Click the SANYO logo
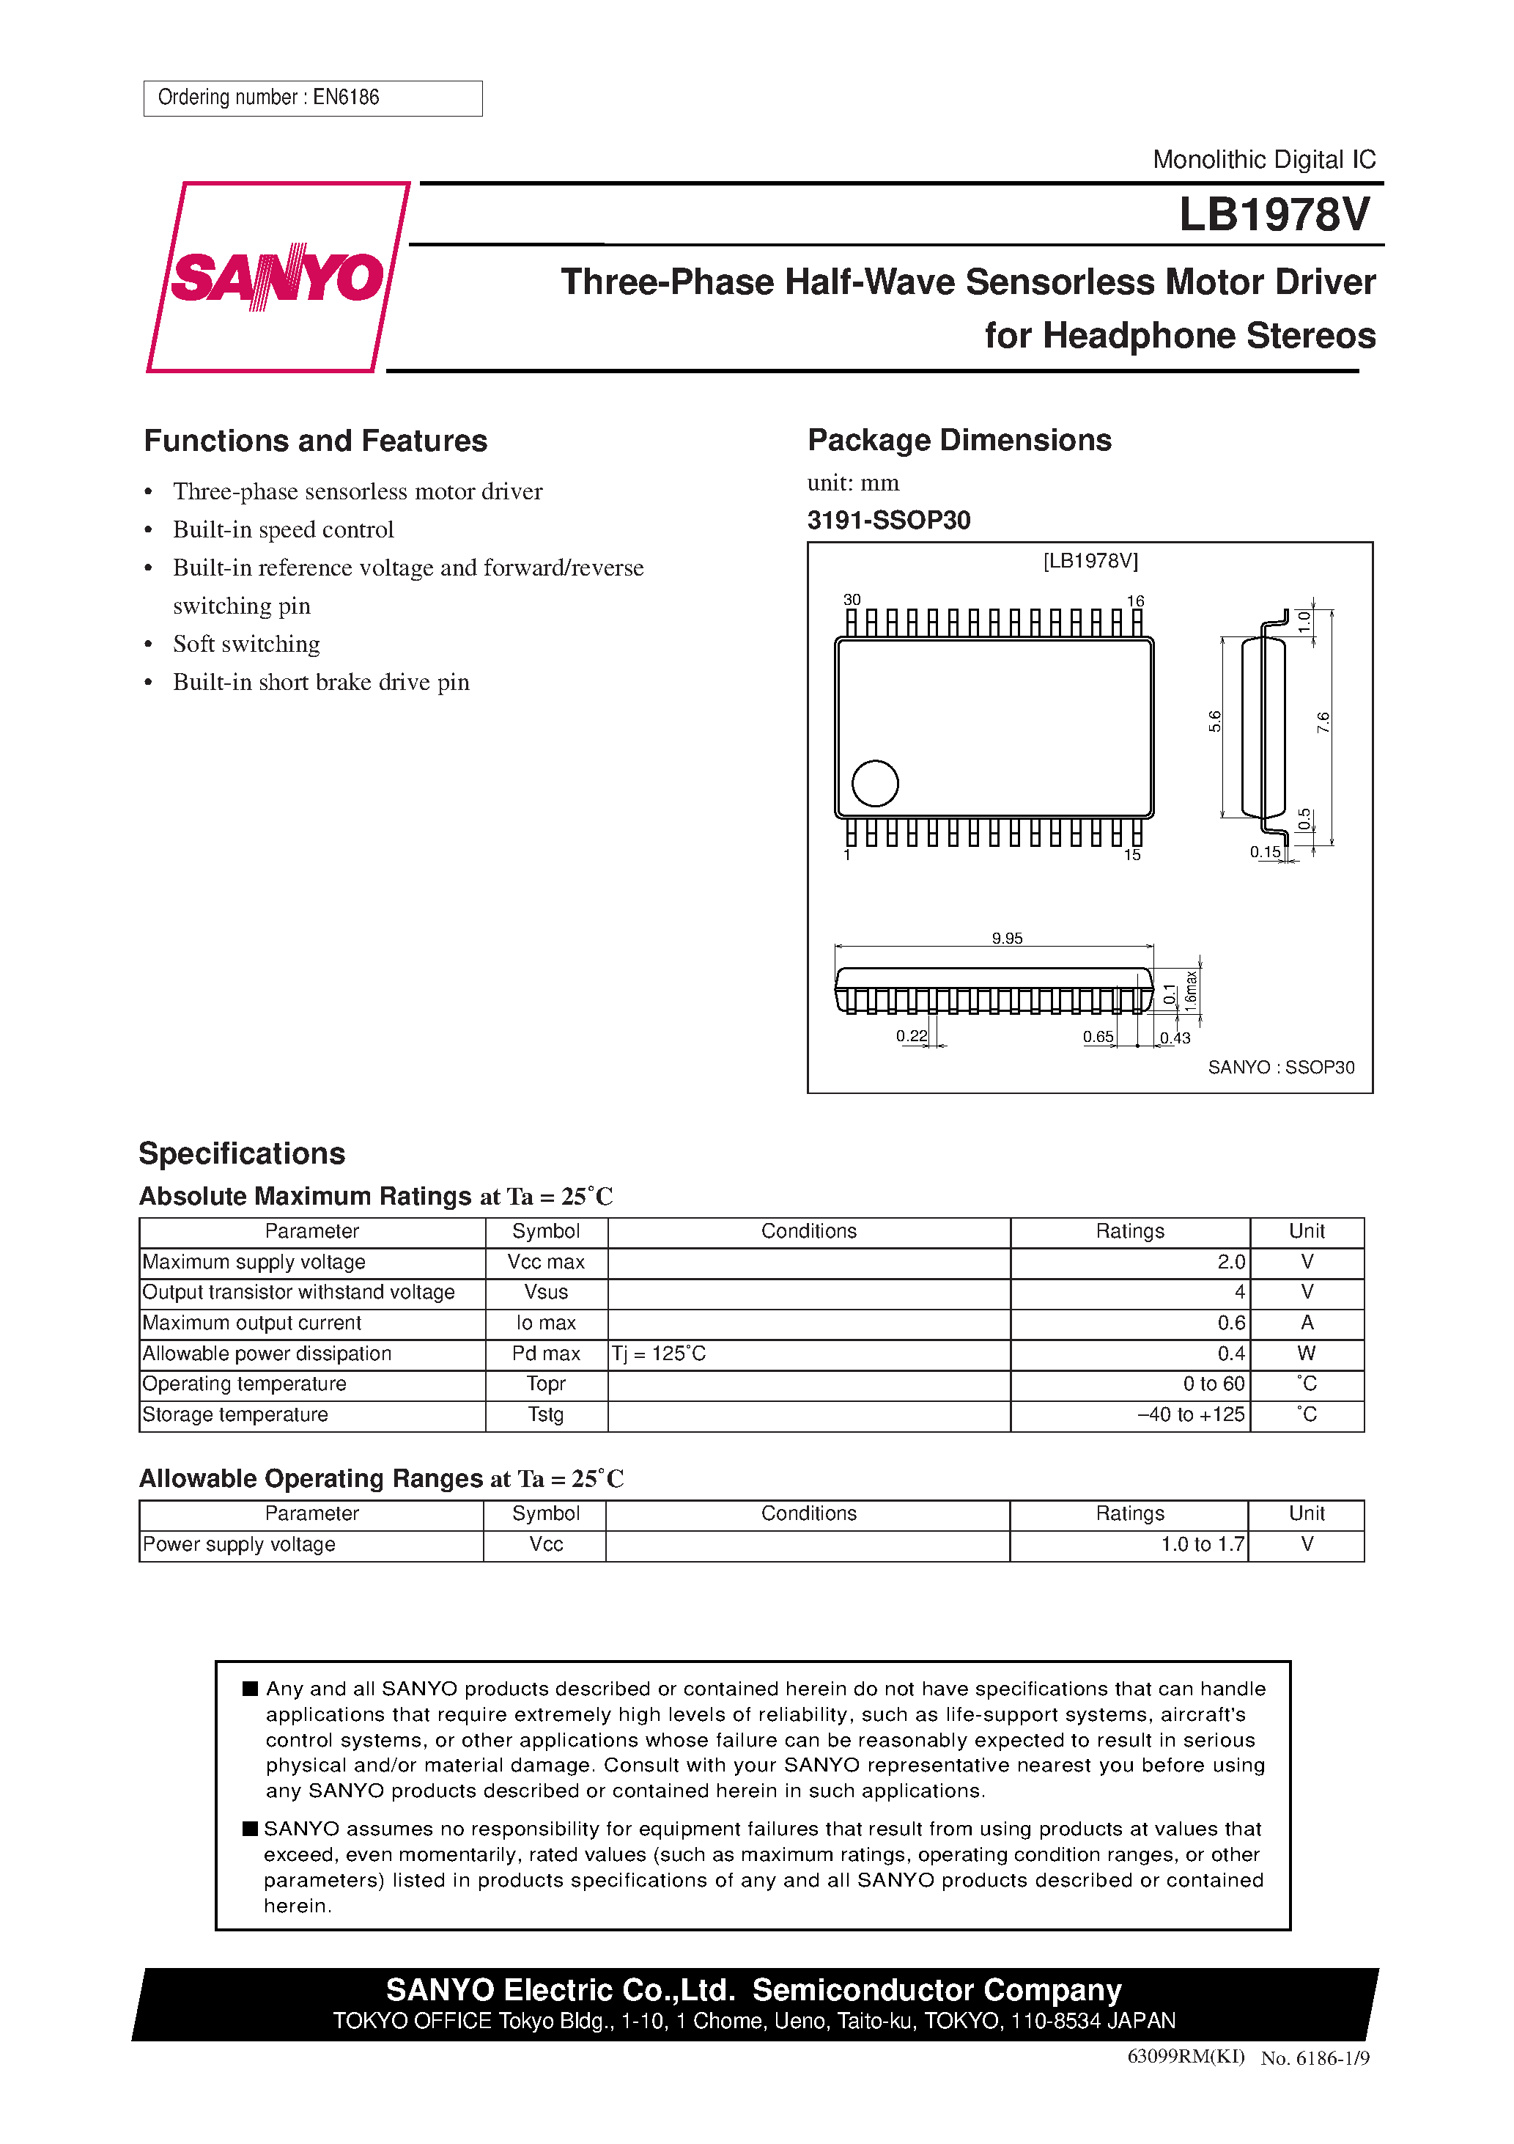coord(277,277)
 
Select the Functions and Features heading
coord(316,441)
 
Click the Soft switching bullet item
coord(245,645)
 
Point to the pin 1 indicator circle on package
coord(874,783)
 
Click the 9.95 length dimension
coord(1006,938)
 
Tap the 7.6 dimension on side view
coord(1323,722)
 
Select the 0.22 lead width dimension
coord(911,1035)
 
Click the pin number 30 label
coord(852,600)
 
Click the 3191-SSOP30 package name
coord(889,520)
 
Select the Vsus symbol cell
coord(546,1293)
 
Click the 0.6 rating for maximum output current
coord(1230,1324)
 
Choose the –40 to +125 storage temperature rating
coord(1190,1414)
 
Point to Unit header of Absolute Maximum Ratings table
coord(1306,1232)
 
